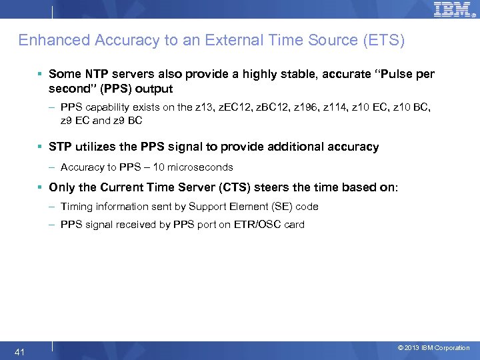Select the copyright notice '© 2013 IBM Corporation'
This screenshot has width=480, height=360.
[433, 348]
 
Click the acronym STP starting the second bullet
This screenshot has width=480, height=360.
[59, 147]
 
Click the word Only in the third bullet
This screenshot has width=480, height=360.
[62, 187]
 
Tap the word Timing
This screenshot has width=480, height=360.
[76, 207]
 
